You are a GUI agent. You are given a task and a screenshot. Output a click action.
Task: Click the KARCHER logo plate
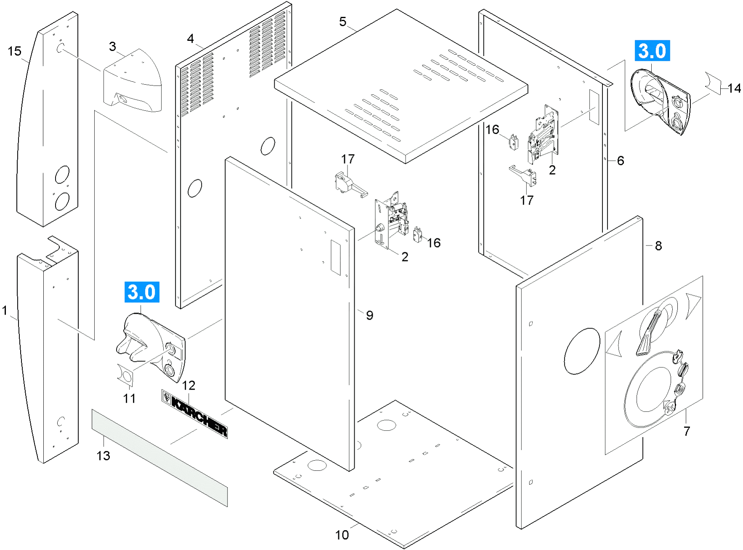click(195, 414)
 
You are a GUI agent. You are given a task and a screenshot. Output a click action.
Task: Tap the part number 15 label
click(14, 51)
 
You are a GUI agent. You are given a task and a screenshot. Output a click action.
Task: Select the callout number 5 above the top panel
click(343, 21)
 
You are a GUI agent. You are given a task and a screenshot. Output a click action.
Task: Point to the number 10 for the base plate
click(342, 535)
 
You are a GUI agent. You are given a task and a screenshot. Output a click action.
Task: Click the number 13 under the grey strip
click(103, 456)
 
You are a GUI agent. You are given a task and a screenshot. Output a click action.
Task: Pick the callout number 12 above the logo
click(188, 385)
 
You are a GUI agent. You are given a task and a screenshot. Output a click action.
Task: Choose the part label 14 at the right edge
click(734, 88)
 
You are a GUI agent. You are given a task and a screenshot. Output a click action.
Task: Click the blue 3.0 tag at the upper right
click(652, 51)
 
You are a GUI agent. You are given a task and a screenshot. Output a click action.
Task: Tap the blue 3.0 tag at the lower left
click(142, 292)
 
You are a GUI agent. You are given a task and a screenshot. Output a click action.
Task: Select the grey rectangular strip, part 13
click(160, 457)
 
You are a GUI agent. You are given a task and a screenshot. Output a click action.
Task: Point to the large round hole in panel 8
click(582, 351)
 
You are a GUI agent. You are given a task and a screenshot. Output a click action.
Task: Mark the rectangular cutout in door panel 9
click(335, 257)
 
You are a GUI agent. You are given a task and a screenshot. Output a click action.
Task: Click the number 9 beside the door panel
click(369, 315)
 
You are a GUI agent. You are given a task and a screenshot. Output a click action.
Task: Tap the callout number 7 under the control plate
click(687, 431)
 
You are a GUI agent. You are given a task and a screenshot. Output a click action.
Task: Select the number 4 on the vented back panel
click(191, 39)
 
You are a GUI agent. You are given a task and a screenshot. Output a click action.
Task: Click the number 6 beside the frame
click(621, 160)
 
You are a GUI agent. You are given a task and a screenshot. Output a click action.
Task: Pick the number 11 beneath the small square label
click(129, 398)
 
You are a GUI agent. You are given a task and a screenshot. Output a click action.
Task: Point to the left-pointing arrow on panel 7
click(614, 344)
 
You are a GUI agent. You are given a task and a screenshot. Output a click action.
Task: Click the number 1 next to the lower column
click(5, 311)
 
